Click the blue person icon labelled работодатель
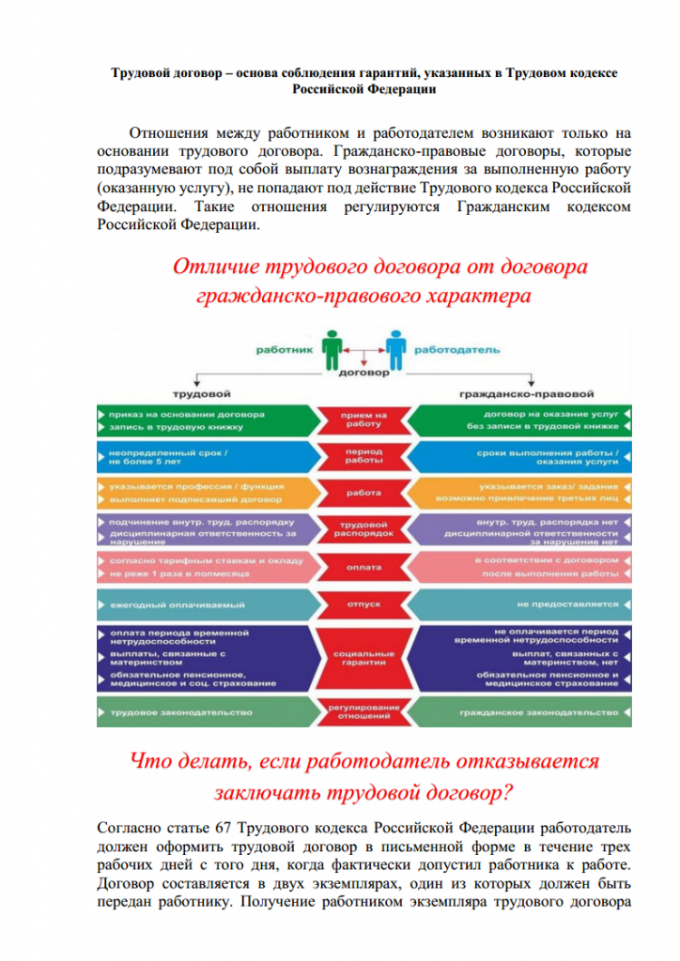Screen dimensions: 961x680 395,349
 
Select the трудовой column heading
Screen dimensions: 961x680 196,393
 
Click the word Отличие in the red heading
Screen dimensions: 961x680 212,267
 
